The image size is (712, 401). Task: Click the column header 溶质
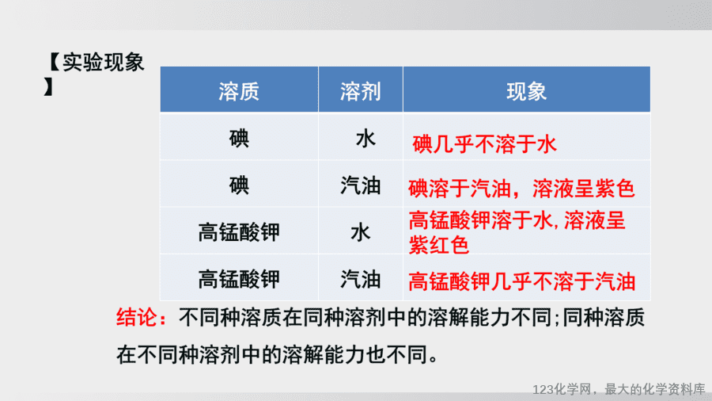(x=239, y=91)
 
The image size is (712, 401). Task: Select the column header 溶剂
(x=361, y=91)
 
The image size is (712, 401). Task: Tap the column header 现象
(x=526, y=91)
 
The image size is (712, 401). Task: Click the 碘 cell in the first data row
(x=239, y=138)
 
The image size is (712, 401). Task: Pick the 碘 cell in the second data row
(x=239, y=185)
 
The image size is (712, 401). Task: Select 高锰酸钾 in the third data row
(x=239, y=232)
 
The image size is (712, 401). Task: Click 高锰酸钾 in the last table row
(x=239, y=279)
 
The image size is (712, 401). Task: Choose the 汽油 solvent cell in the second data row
(x=361, y=185)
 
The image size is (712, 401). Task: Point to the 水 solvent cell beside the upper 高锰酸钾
(x=361, y=232)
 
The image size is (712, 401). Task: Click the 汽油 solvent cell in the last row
(x=361, y=279)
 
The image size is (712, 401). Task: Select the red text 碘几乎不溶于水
(x=484, y=144)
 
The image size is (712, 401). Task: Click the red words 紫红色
(x=438, y=245)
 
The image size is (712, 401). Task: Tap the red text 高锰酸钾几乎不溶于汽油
(x=522, y=281)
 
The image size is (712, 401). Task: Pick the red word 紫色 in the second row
(x=615, y=189)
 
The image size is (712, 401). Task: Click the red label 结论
(x=136, y=317)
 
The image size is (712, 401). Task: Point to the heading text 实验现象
(x=104, y=62)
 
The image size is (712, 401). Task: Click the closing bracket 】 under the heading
(x=48, y=86)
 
